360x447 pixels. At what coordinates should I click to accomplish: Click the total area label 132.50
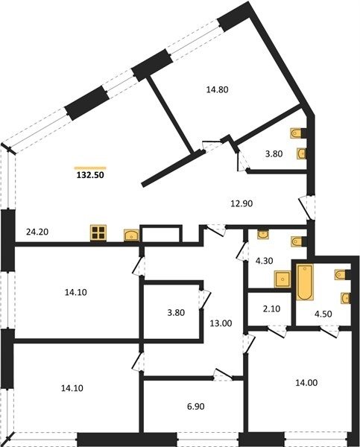point(90,175)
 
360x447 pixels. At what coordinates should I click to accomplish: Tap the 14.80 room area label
point(218,90)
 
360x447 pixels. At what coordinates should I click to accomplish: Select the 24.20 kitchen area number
point(37,232)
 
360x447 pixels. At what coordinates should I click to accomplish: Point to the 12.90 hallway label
point(241,204)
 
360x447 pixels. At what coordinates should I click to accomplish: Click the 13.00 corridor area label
point(221,323)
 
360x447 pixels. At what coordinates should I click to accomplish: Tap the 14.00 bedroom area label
point(306,383)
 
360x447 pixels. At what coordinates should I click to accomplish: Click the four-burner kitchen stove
point(98,233)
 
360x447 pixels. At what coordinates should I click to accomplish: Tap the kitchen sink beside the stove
point(131,235)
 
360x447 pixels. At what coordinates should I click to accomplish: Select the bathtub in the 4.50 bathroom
point(305,282)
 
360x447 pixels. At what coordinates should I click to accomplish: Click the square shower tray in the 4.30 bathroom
point(282,279)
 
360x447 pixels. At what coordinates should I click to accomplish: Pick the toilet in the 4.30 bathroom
point(297,241)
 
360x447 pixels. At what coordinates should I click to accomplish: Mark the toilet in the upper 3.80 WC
point(297,133)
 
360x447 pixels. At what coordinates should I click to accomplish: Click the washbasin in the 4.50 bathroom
point(346,298)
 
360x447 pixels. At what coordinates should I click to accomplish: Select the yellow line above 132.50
point(90,168)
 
